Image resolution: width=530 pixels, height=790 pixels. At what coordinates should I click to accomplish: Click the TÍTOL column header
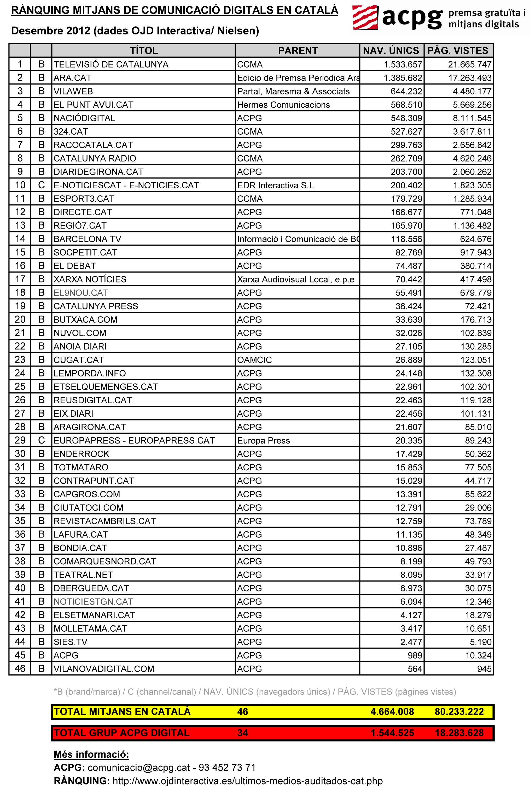pos(144,51)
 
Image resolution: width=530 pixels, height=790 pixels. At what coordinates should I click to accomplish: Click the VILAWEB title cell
pos(73,91)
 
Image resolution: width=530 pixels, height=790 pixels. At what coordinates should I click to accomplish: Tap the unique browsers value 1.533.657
pos(403,64)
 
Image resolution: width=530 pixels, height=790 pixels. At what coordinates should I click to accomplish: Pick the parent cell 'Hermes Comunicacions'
pos(283,105)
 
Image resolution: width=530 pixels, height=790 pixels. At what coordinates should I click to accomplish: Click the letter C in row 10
pos(41,185)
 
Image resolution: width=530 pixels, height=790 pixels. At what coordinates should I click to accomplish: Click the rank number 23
pos(20,360)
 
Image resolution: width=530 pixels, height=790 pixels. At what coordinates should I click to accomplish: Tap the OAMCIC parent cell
pos(254,360)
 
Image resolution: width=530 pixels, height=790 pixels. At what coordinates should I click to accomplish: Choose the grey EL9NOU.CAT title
pos(81,293)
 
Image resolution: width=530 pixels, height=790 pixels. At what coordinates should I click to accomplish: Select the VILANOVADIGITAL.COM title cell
pos(104,669)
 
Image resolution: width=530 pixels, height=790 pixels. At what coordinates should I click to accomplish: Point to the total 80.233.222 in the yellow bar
pos(459,712)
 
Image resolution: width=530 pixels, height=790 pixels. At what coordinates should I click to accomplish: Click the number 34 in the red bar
pos(242,733)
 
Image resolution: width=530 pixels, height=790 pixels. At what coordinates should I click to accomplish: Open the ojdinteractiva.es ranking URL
pos(247,781)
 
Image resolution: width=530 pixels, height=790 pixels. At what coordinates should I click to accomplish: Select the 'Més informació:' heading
pos(91,754)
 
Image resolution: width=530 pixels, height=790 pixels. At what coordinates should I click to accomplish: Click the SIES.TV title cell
pos(70,642)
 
